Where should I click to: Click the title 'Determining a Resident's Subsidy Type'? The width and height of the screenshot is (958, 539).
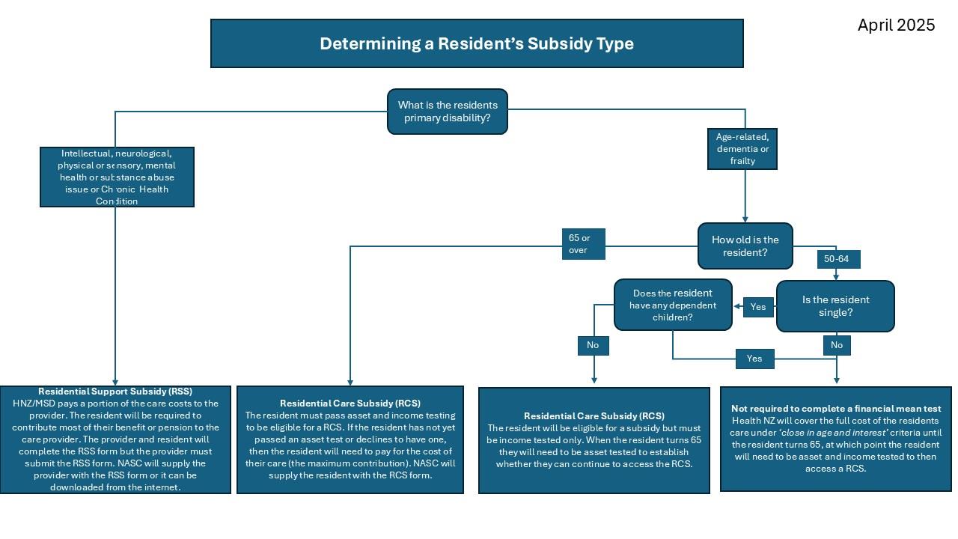tap(477, 43)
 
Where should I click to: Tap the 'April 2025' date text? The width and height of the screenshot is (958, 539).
tap(896, 25)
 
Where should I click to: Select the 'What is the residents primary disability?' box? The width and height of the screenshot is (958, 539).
tap(448, 112)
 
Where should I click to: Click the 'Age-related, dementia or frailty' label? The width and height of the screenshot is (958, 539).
tap(742, 149)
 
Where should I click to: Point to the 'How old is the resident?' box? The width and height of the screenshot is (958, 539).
tap(745, 246)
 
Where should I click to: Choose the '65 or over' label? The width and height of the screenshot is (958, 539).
tap(583, 244)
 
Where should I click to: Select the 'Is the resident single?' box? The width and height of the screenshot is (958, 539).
tap(835, 305)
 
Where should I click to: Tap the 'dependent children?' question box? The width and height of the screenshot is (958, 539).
tap(672, 305)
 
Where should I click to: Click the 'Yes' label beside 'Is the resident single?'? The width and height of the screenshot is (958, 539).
tap(758, 307)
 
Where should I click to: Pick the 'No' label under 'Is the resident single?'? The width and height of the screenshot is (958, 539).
tap(836, 345)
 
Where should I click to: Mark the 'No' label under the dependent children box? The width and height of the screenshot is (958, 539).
tap(593, 345)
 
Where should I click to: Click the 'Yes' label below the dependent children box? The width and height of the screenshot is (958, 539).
tap(754, 359)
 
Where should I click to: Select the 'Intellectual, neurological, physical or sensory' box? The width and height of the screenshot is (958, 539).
tap(117, 177)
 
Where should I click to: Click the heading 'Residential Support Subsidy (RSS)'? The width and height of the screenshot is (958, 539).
tap(115, 392)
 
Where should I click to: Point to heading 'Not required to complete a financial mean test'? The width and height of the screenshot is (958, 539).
tap(836, 409)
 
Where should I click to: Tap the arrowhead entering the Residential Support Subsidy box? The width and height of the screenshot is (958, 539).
tap(115, 382)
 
